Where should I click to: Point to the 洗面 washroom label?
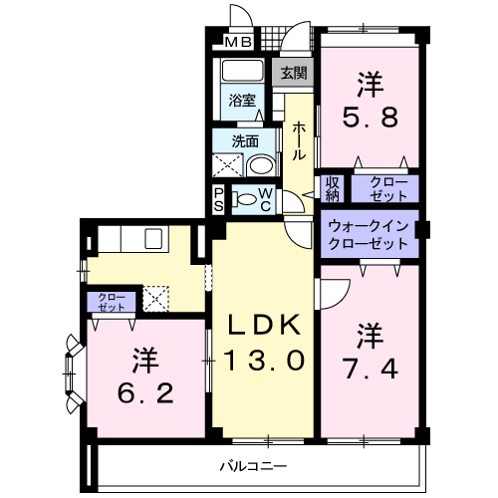(x=245, y=140)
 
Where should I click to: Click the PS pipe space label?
(x=219, y=199)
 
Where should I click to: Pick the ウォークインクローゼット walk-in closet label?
(x=368, y=234)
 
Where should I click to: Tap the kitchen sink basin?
(x=155, y=239)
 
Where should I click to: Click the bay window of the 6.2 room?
(x=73, y=373)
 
